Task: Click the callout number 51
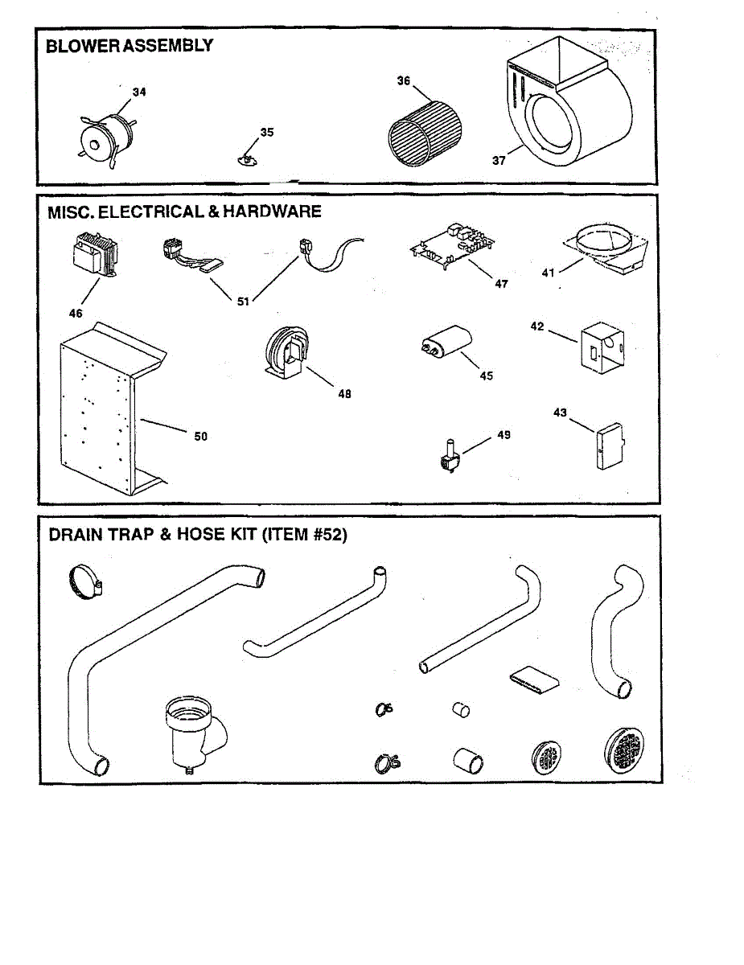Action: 244,302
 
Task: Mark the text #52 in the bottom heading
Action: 325,534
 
